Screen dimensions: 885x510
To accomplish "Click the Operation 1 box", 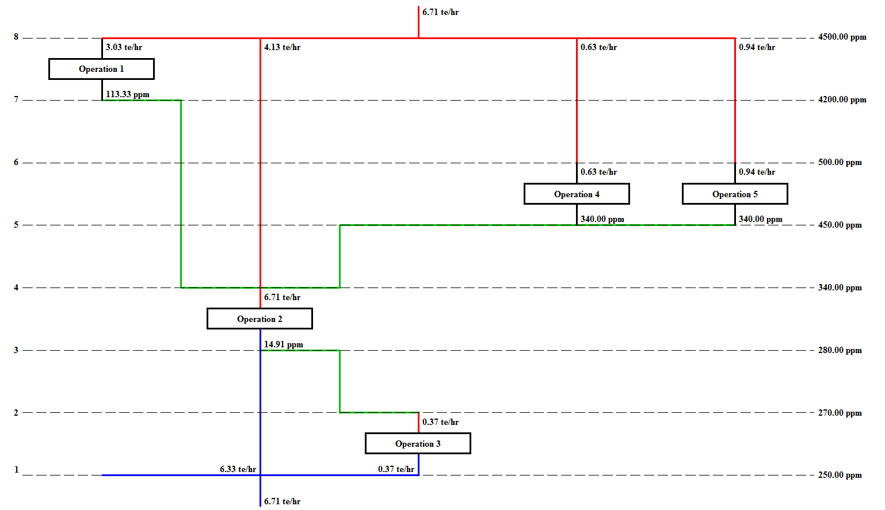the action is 101,69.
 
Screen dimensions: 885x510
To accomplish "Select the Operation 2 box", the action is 260,319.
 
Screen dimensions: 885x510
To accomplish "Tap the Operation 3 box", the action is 418,444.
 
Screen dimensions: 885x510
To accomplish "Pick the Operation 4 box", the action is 577,194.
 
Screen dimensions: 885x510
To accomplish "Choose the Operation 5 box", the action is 735,194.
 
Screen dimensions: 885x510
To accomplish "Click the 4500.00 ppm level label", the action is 842,37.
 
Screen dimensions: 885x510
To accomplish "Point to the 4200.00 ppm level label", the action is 842,100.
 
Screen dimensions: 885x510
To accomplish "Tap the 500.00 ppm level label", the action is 840,163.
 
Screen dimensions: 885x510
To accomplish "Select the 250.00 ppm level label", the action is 840,476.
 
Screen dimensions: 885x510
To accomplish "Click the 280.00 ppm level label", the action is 840,351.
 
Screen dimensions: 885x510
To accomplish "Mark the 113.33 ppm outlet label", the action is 127,95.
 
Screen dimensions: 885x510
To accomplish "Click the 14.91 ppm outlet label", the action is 283,345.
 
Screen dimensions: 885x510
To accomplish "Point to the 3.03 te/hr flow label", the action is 124,48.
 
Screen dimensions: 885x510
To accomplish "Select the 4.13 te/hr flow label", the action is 282,48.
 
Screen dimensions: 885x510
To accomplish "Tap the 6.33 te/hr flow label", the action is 238,470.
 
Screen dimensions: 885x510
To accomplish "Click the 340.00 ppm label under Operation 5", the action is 760,220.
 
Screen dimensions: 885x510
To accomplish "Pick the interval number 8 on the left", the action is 16,37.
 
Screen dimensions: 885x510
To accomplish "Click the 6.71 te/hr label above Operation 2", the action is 282,298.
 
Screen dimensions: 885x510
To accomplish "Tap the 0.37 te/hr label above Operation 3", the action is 440,423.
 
